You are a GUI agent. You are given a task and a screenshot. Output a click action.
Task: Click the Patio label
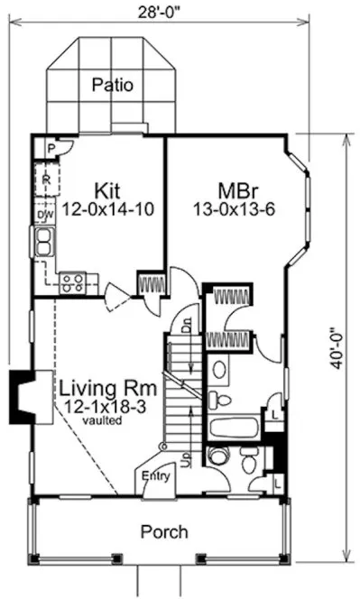coord(113,87)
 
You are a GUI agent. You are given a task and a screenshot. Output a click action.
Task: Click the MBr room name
coord(238,190)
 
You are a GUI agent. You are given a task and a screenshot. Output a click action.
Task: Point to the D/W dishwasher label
coord(42,215)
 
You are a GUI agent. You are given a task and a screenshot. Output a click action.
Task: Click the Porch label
coord(164,531)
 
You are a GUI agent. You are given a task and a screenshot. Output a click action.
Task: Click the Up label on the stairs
coord(186,460)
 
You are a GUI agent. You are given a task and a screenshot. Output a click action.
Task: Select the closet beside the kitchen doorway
coord(151,283)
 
